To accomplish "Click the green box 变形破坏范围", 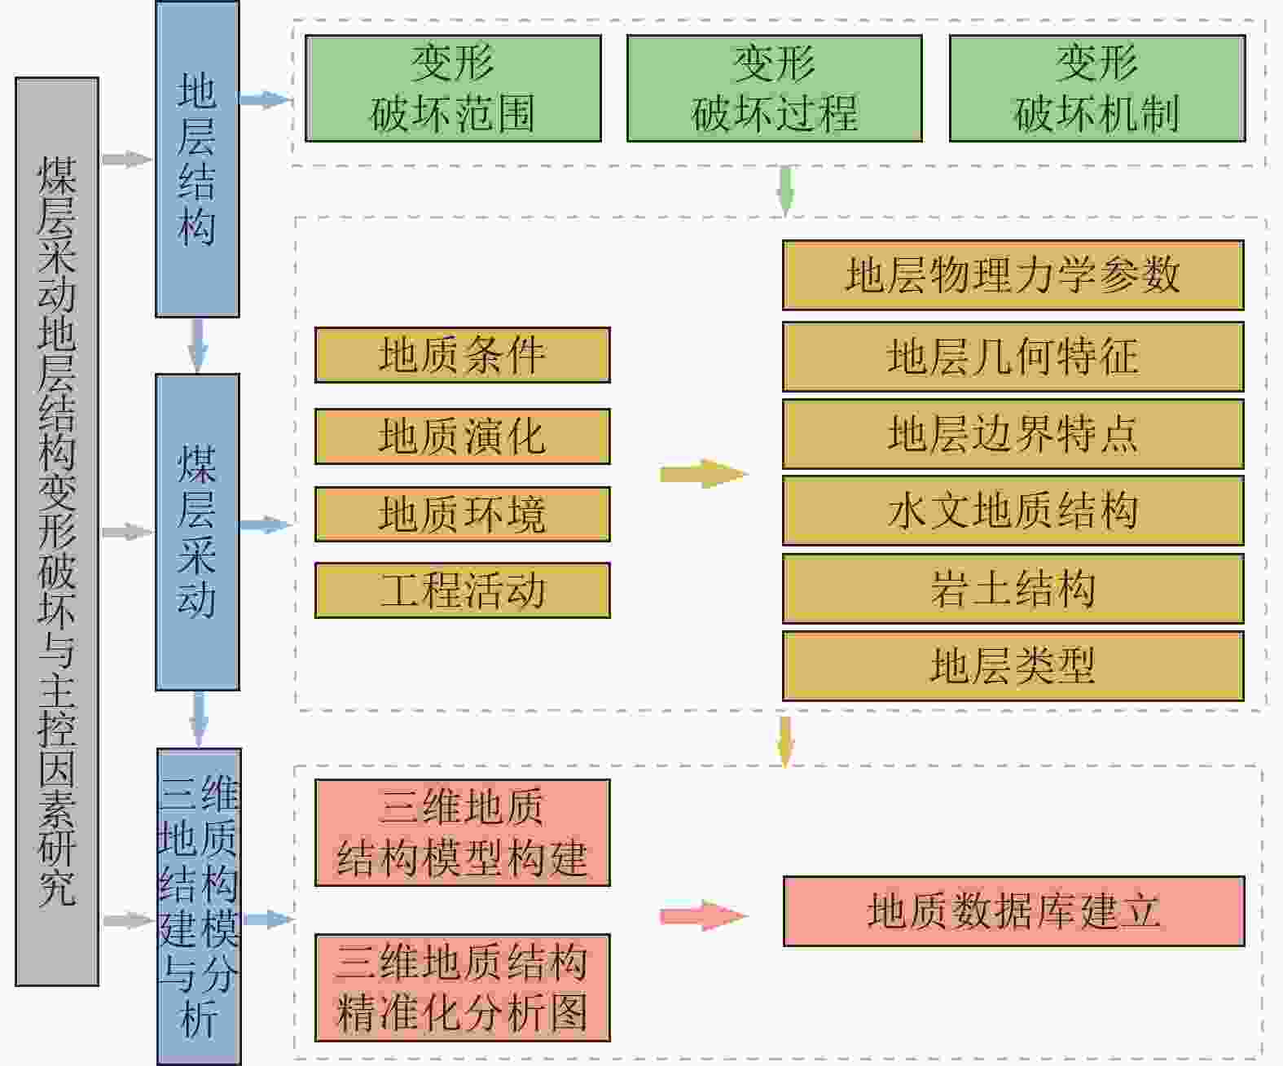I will pos(453,88).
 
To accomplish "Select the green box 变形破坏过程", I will pos(774,88).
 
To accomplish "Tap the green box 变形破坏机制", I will pos(1096,88).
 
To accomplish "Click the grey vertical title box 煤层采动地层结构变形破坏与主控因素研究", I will pos(57,531).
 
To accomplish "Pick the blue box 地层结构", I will pos(197,159).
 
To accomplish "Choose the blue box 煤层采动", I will pos(197,532).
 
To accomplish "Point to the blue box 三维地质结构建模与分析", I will pos(199,906).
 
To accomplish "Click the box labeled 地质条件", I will pos(462,355).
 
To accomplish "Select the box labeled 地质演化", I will pos(462,436).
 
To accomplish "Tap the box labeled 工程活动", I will pos(462,590).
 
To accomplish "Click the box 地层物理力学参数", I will pos(1013,275).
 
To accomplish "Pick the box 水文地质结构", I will pos(1013,511).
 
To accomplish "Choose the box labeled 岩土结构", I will pos(1013,589).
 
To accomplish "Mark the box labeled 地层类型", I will pos(1013,666).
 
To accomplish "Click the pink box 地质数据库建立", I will pos(1013,911).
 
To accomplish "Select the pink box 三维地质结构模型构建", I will pos(462,832).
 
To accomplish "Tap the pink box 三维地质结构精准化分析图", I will pos(462,988).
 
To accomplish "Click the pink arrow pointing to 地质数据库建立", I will pos(703,916).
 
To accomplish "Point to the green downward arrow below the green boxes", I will pos(785,190).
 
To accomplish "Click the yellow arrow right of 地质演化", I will pos(703,473).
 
